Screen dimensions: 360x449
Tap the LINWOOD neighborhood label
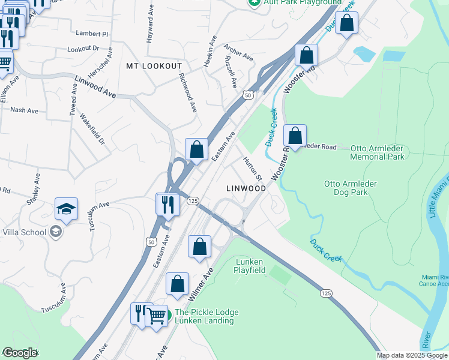pyautogui.click(x=246, y=188)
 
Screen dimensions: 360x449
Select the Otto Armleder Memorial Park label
pyautogui.click(x=377, y=152)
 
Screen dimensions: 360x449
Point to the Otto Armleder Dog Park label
pyautogui.click(x=354, y=188)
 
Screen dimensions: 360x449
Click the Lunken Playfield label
pyautogui.click(x=250, y=266)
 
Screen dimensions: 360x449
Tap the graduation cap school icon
pyautogui.click(x=67, y=209)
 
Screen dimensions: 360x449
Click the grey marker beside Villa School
pyautogui.click(x=55, y=232)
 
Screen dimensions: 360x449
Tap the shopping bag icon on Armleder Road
pyautogui.click(x=295, y=136)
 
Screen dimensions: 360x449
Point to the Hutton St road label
pyautogui.click(x=253, y=169)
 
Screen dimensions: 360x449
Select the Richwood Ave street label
pyautogui.click(x=188, y=93)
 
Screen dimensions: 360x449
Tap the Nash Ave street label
pyautogui.click(x=24, y=110)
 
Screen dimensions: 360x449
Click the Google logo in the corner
pyautogui.click(x=19, y=353)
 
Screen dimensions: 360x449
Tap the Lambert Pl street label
pyautogui.click(x=91, y=34)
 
